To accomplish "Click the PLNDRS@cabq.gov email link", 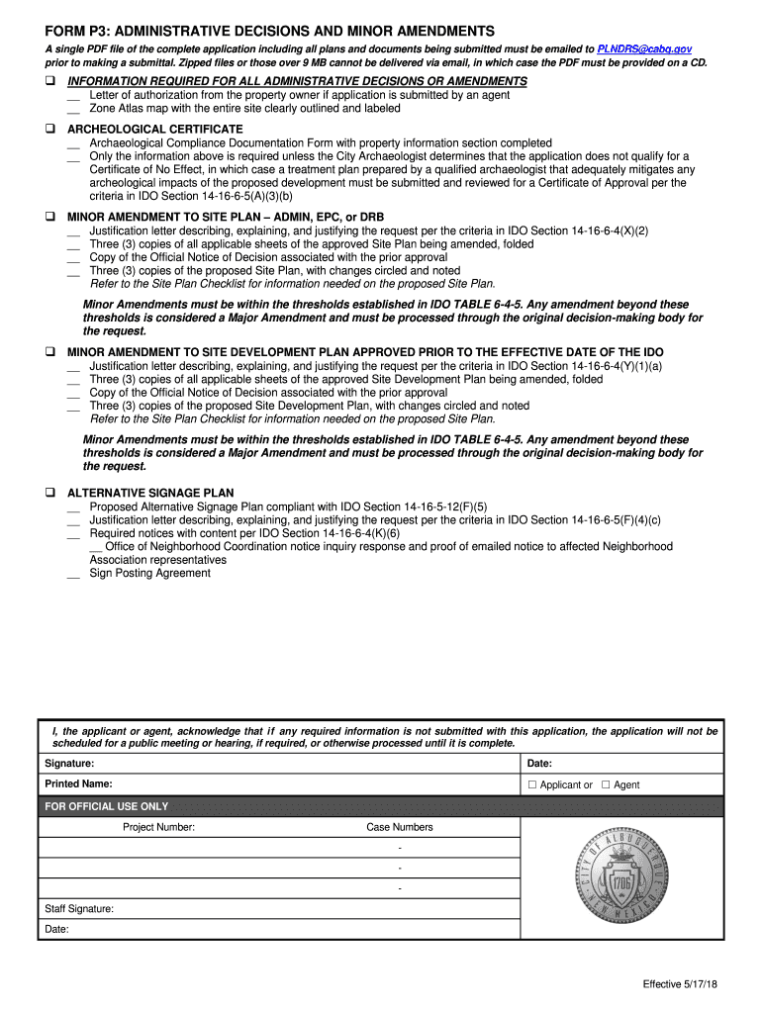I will pyautogui.click(x=644, y=48).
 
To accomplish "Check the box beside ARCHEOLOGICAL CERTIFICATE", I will pyautogui.click(x=49, y=130).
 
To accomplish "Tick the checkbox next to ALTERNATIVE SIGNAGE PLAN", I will pyautogui.click(x=49, y=493).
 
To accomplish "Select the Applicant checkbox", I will pyautogui.click(x=531, y=785).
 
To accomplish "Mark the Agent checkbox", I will pyautogui.click(x=606, y=785).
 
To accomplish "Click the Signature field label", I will pyautogui.click(x=69, y=764).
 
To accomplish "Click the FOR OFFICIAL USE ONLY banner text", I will pyautogui.click(x=107, y=806).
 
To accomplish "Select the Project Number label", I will pyautogui.click(x=158, y=828).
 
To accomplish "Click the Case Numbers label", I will pyautogui.click(x=399, y=828).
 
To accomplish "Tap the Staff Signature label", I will pyautogui.click(x=79, y=908).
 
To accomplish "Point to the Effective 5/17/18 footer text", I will pyautogui.click(x=680, y=984).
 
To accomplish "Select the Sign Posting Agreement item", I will pyautogui.click(x=149, y=574).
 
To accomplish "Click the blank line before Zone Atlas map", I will pyautogui.click(x=73, y=111).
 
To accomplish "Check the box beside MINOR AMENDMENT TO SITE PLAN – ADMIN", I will pyautogui.click(x=49, y=217).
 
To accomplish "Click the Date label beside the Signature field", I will pyautogui.click(x=539, y=764).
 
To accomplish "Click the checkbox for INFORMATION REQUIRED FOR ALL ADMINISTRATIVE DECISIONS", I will pyautogui.click(x=49, y=81).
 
